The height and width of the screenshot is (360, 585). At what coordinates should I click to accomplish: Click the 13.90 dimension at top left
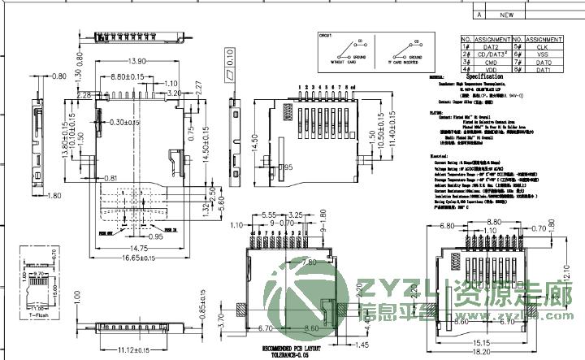click(x=136, y=62)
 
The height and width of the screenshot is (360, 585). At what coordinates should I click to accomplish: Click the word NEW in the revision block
click(x=506, y=15)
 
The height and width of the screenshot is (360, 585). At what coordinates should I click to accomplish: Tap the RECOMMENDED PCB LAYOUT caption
click(x=299, y=348)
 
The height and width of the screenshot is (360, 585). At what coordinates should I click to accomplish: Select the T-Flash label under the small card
click(x=37, y=315)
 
